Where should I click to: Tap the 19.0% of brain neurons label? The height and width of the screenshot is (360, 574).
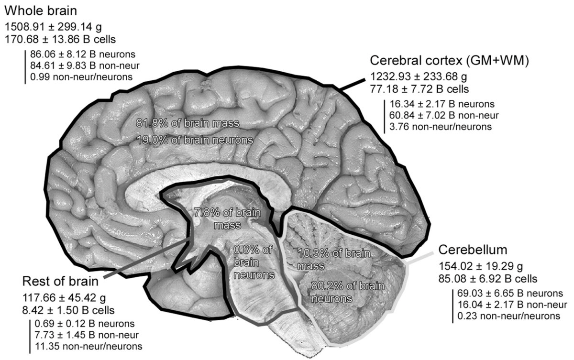pos(194,140)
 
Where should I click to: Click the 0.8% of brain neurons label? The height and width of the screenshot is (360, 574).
pos(254,262)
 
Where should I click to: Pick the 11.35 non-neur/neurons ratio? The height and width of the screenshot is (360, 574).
pos(89,345)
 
